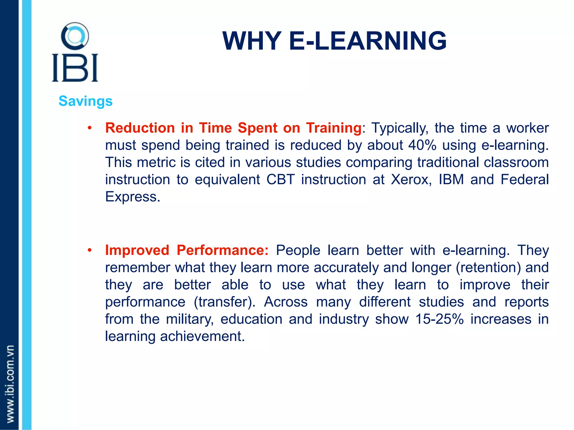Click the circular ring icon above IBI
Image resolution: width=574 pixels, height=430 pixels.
75,36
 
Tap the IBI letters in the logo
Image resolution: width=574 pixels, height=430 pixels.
75,68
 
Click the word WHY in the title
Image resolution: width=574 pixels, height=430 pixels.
252,41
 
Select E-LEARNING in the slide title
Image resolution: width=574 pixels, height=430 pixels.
367,41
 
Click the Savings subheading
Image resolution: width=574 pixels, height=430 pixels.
85,101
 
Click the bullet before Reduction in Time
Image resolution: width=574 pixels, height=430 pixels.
89,128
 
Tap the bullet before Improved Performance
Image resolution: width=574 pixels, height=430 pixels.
89,250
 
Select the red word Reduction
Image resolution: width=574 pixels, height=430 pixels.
140,128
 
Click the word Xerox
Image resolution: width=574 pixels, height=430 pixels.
411,179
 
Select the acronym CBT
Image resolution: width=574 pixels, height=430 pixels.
280,179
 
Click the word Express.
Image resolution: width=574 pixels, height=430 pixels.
132,197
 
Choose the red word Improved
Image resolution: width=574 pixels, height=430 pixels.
137,250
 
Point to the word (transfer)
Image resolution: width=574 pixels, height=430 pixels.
224,302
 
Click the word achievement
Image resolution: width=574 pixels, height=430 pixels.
202,336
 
